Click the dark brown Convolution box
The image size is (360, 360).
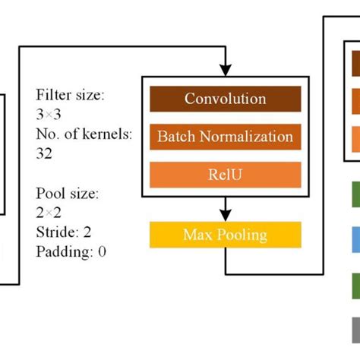tap(225, 99)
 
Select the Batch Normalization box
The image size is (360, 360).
tap(225, 137)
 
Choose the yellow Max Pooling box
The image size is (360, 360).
tap(225, 235)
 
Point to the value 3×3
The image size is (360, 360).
tap(52, 115)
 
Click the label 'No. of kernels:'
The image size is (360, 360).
tap(84, 135)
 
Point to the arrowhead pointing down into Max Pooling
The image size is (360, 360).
tap(226, 214)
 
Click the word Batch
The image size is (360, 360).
tap(175, 137)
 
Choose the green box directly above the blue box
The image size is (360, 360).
tap(355, 194)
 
